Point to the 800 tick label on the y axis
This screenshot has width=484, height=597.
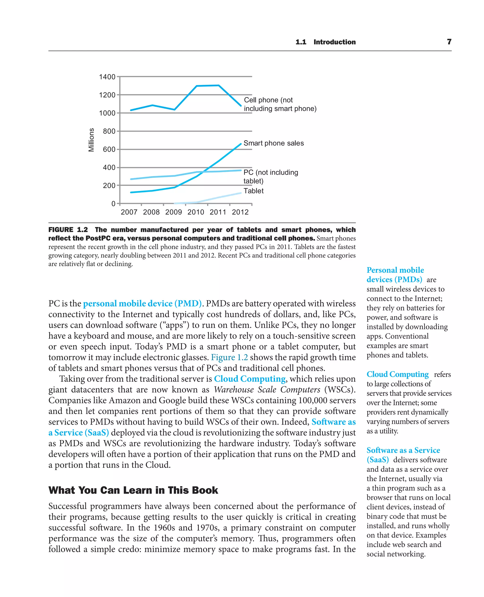coord(109,131)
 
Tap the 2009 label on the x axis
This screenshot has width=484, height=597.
coord(173,212)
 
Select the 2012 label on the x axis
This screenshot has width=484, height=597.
coord(240,212)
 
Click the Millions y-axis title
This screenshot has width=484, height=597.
coord(91,140)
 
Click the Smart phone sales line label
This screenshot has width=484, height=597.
coord(273,143)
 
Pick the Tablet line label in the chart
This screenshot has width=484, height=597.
coord(253,191)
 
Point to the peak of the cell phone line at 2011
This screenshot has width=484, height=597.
coord(218,85)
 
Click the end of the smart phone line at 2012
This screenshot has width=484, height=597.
coord(241,144)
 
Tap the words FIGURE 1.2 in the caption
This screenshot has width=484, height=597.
coord(68,230)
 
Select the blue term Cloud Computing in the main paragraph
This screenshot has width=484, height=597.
coord(250,379)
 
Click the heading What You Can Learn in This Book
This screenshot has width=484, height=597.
coord(133,490)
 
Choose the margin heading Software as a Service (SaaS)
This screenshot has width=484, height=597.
coord(403,455)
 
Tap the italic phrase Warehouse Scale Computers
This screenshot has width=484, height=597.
coord(267,389)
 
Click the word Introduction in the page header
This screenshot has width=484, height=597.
coord(335,42)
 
